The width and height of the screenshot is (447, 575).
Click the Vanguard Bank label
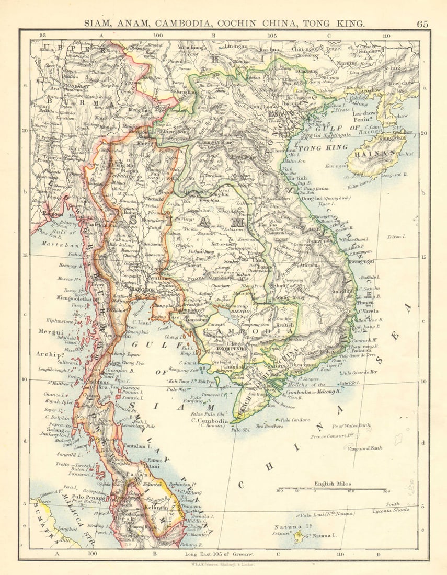tap(364, 448)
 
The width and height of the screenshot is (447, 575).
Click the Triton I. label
tap(396, 237)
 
